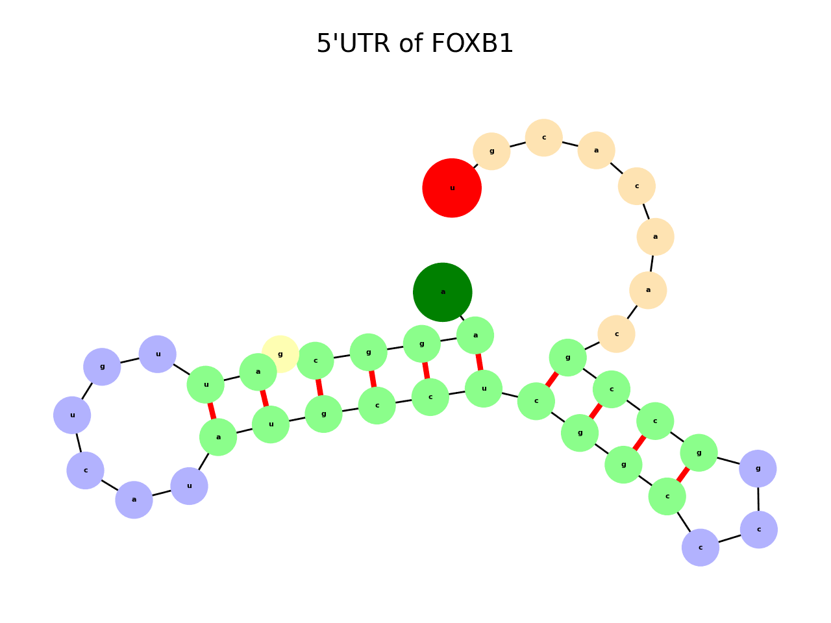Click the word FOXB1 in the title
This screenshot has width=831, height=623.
pos(472,44)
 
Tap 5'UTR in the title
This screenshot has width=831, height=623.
pos(353,44)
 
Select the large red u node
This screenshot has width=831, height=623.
pos(452,188)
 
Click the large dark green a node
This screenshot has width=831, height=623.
pos(443,292)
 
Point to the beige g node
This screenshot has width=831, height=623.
pos(491,151)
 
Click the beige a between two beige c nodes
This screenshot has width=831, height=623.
pos(596,151)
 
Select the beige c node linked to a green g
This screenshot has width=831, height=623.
pos(616,334)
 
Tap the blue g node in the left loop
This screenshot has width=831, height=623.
pos(102,367)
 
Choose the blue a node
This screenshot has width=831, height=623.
pos(134,500)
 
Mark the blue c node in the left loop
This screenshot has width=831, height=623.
pos(85,470)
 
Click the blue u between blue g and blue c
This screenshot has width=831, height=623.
pos(72,415)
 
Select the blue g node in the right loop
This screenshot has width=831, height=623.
pos(758,469)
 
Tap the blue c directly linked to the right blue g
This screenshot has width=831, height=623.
pos(758,530)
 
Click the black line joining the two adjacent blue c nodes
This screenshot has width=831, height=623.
pos(730,539)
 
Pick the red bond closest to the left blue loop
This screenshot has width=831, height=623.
pos(212,411)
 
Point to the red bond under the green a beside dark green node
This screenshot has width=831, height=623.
pos(479,362)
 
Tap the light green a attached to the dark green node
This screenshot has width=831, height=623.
pos(475,336)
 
